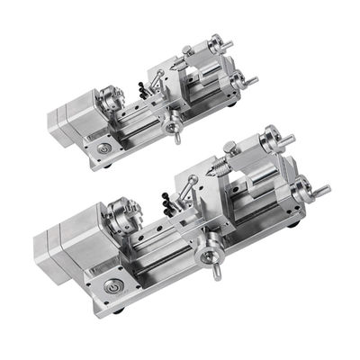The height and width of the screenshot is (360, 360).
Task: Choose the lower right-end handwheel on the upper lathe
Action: tap(241, 81)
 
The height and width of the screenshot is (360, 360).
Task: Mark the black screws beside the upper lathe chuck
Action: tap(143, 89)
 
